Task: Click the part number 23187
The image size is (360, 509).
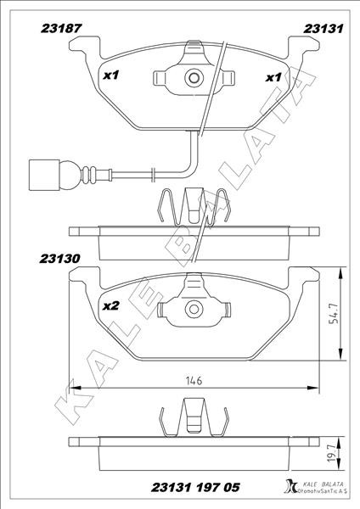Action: click(61, 28)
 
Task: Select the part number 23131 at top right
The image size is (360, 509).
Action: click(323, 29)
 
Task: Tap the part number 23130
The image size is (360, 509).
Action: click(59, 259)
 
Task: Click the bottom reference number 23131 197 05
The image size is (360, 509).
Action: click(195, 487)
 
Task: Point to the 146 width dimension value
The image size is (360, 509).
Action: click(194, 380)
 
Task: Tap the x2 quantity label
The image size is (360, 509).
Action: click(110, 305)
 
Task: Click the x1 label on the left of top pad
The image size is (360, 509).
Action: click(111, 76)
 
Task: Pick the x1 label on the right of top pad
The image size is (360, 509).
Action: click(273, 77)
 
